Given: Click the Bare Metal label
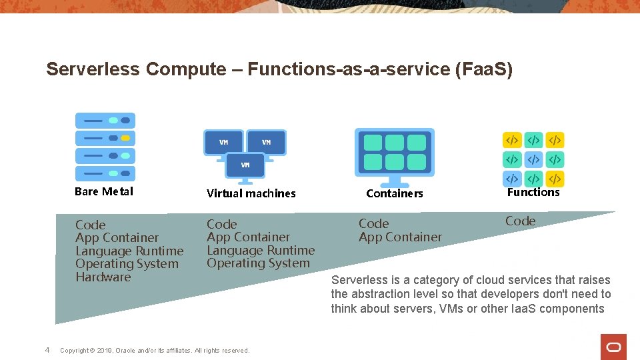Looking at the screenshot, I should [x=104, y=191].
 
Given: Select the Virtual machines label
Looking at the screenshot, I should [x=251, y=193].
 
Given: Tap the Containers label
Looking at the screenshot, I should [x=395, y=193].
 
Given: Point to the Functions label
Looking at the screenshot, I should [x=533, y=192].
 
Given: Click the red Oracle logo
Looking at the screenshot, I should [x=613, y=347].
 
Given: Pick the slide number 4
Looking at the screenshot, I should [x=47, y=349].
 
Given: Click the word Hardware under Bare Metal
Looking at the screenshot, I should [x=103, y=277].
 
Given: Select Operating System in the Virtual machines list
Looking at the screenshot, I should [x=258, y=263].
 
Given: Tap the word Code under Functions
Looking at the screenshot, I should [x=520, y=221].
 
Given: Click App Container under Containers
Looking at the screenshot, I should [x=400, y=237].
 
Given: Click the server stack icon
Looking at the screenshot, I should [x=105, y=147].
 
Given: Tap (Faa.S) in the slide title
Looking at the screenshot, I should [x=483, y=69].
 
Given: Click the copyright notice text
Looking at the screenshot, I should [x=155, y=350].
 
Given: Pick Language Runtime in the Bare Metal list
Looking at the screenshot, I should [x=129, y=251].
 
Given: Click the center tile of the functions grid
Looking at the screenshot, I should [x=533, y=159].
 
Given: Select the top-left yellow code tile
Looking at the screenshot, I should [x=512, y=140].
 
